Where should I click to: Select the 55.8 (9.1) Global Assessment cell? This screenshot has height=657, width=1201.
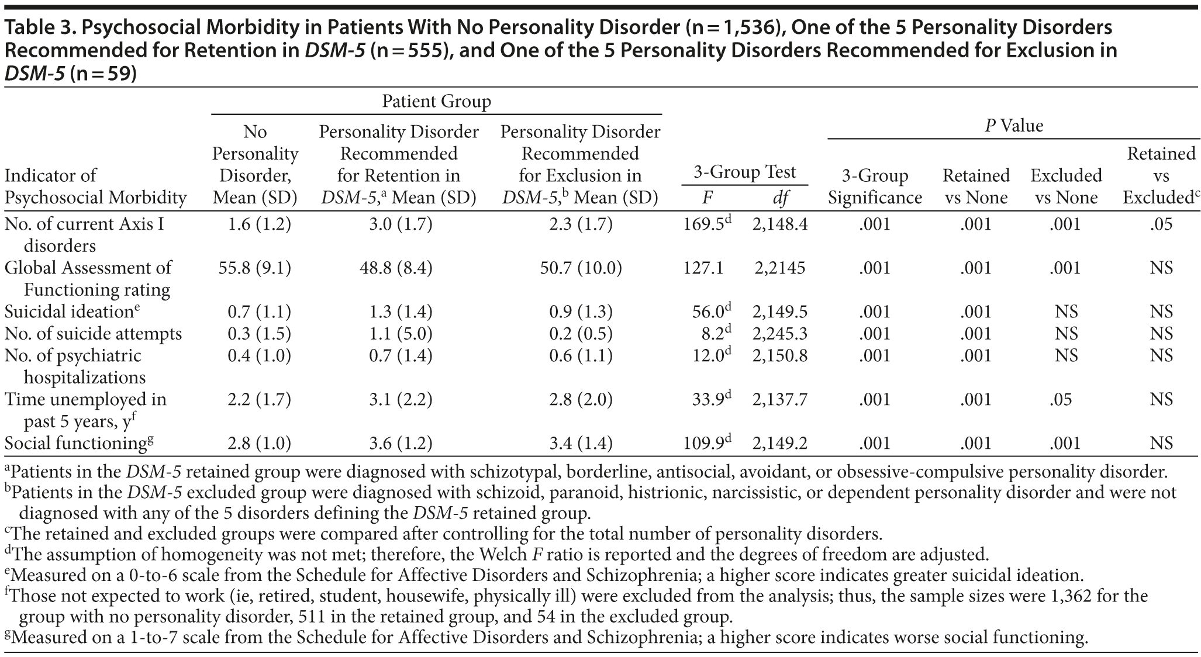pyautogui.click(x=255, y=268)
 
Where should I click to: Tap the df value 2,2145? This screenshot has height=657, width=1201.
pyautogui.click(x=779, y=268)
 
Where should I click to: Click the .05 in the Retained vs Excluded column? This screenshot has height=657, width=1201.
pyautogui.click(x=1161, y=224)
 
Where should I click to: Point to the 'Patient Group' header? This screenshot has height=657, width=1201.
pyautogui.click(x=436, y=102)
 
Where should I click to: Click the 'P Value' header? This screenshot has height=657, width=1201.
pyautogui.click(x=1014, y=126)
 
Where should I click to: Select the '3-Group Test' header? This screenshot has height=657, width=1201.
pyautogui.click(x=744, y=172)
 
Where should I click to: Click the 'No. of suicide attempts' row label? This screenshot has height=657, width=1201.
pyautogui.click(x=93, y=334)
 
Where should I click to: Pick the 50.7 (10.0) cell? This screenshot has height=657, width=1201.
pyautogui.click(x=580, y=268)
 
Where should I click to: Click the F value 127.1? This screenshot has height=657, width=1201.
pyautogui.click(x=703, y=268)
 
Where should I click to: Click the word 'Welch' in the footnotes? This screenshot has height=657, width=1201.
pyautogui.click(x=499, y=554)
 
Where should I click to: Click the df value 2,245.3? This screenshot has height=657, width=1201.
pyautogui.click(x=779, y=334)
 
